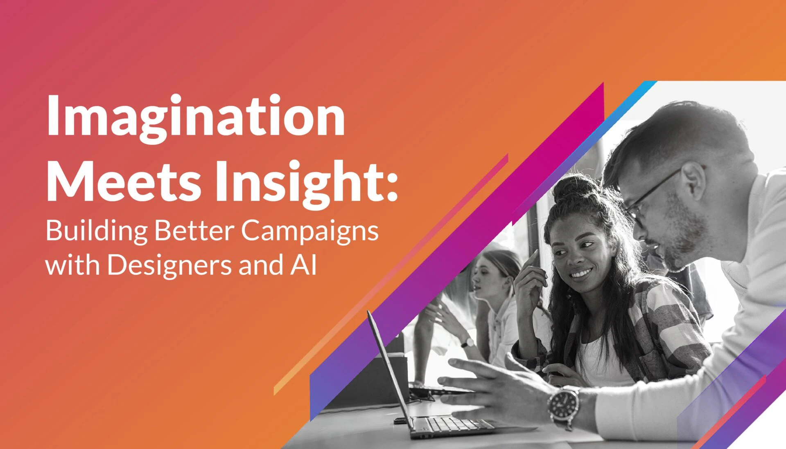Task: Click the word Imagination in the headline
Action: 196,119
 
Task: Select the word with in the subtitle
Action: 73,265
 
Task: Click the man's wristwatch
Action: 564,407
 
